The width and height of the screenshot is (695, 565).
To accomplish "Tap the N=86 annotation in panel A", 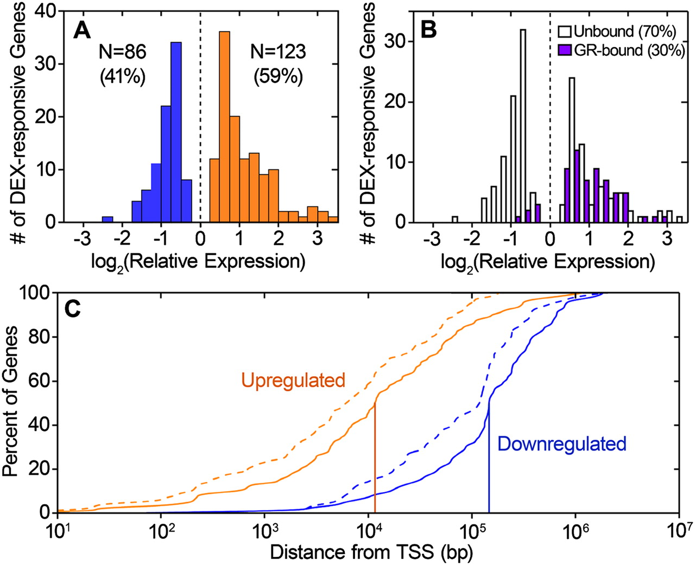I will point(122,52).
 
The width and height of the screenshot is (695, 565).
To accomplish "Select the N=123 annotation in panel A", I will point(278,52).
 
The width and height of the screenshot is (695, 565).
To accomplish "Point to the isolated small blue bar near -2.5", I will point(108,219).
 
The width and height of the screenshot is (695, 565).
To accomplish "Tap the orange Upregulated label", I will point(293,380).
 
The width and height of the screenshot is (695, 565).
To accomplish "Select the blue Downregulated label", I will point(562,444).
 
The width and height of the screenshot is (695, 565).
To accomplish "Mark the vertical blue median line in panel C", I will point(489,461).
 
